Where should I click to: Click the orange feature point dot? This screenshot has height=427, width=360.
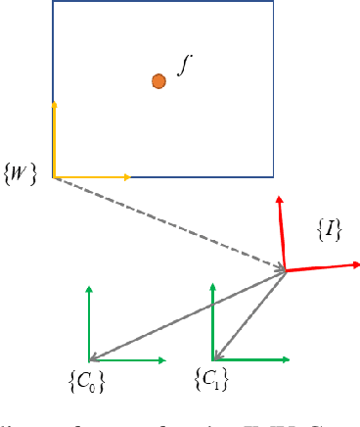158,81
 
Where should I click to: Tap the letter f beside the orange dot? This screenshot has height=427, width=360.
179,65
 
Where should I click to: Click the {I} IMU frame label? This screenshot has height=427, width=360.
329,229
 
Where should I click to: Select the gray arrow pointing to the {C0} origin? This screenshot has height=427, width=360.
186,315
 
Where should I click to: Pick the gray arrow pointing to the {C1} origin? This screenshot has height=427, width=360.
249,315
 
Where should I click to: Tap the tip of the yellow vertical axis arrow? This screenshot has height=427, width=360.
53,101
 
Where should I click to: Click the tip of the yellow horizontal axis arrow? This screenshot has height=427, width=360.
129,177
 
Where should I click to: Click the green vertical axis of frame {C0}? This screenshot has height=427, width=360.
89,323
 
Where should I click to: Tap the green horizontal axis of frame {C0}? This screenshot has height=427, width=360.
127,361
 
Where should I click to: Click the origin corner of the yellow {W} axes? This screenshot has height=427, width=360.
53,177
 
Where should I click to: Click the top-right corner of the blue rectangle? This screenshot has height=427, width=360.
274,1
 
